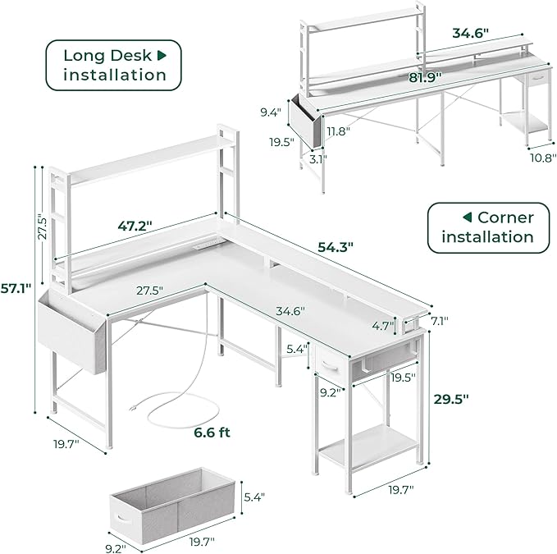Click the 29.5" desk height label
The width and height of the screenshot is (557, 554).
pos(450,400)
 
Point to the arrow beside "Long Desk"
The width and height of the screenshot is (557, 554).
pos(162,55)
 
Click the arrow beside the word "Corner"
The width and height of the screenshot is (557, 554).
pos(467,217)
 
